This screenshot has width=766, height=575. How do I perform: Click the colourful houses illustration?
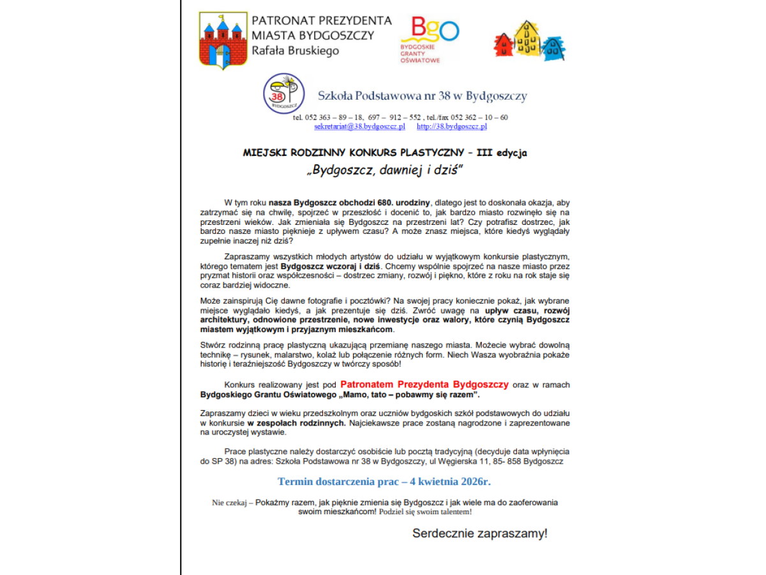pos(530,40)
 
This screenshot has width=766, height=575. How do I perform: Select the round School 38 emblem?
pos(282,94)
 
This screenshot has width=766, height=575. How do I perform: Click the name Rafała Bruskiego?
pos(296,50)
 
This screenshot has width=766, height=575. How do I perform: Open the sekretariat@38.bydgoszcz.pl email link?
pos(359,126)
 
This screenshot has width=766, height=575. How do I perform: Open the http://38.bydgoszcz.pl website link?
pos(451,126)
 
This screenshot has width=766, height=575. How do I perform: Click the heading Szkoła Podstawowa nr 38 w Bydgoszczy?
pos(422,96)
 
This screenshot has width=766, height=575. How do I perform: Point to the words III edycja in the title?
pos(502,153)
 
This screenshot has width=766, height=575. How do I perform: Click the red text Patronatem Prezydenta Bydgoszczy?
pos(424,385)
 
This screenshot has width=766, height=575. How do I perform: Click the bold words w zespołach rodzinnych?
pos(297,423)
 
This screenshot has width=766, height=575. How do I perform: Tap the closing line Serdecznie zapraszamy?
pos(479,533)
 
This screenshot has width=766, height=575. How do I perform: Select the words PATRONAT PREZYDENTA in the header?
pos(322,20)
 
